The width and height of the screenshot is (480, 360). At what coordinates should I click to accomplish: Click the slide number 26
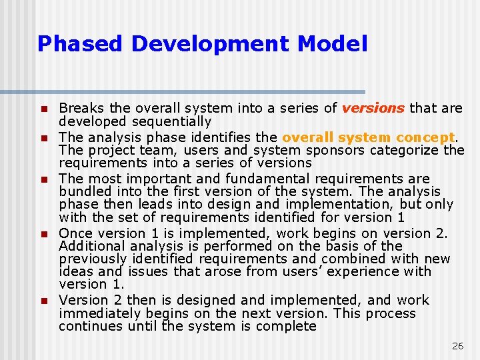coord(457,346)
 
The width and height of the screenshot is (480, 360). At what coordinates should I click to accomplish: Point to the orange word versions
coord(373,108)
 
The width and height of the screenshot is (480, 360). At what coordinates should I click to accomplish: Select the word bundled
coord(83,191)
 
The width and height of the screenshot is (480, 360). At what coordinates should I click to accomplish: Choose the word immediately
coord(98,313)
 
